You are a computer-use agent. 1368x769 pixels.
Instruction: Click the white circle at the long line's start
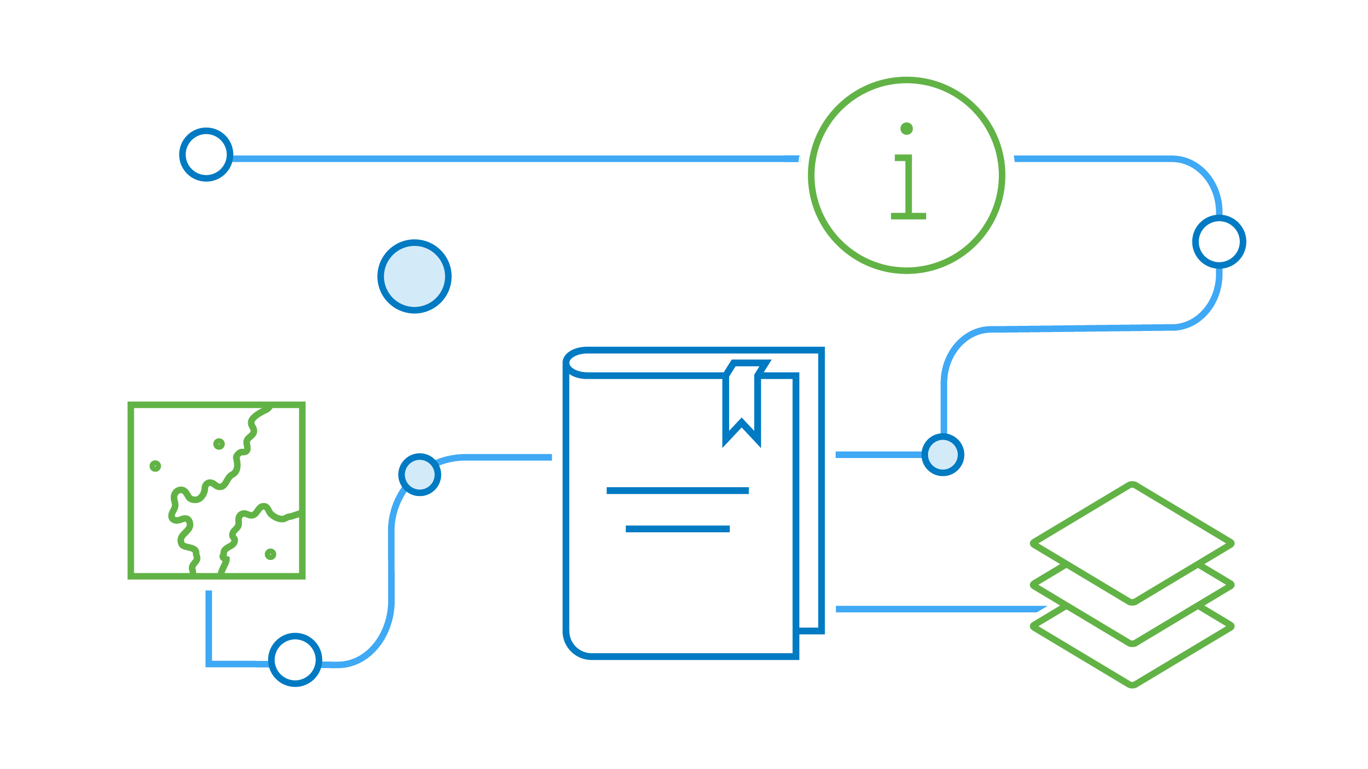(x=206, y=154)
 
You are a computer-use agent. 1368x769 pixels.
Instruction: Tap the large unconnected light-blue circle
(x=414, y=276)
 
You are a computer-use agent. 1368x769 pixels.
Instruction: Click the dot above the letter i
(x=907, y=129)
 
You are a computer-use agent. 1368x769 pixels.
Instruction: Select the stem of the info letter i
(x=908, y=186)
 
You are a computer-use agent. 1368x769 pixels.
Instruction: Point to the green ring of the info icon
(x=812, y=175)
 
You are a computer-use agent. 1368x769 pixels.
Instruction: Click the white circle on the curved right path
(x=1219, y=241)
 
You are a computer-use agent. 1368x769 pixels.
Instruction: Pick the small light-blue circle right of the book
(x=942, y=455)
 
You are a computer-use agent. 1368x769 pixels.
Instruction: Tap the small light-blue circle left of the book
(x=419, y=474)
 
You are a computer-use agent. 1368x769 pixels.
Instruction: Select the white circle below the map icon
(x=295, y=660)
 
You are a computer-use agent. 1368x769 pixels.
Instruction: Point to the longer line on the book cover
(x=677, y=491)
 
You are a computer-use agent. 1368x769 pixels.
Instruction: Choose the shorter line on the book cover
(x=678, y=529)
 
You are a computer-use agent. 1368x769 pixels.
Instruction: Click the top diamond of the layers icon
(x=1132, y=543)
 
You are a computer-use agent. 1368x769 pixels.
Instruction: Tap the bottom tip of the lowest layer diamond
(x=1132, y=684)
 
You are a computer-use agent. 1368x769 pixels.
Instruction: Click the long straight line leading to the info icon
(x=515, y=159)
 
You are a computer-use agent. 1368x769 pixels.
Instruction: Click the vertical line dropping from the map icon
(x=209, y=626)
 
